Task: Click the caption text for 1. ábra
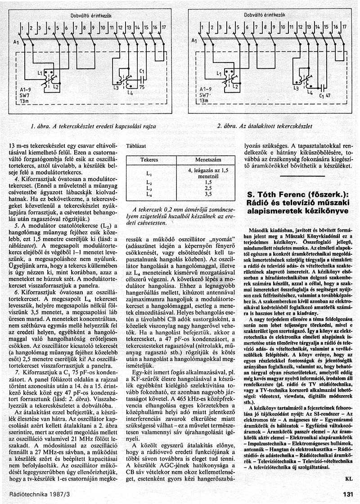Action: tap(93, 127)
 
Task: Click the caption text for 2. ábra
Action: tap(264, 126)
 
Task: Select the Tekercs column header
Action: tap(149, 160)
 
